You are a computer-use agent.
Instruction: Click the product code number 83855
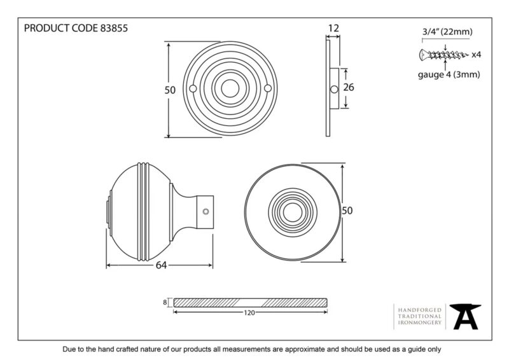point(114,28)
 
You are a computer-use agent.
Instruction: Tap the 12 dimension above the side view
point(333,29)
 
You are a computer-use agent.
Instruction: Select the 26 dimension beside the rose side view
point(349,87)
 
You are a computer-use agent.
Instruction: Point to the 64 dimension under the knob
point(161,265)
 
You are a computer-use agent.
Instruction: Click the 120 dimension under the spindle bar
point(249,312)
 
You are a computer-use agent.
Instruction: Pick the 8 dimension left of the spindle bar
point(165,303)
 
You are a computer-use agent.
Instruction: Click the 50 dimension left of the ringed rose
point(170,90)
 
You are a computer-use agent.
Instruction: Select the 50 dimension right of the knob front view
point(347,211)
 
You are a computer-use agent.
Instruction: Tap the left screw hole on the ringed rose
point(193,88)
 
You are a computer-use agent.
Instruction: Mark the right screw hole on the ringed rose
point(268,88)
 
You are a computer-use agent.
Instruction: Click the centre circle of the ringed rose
point(230,88)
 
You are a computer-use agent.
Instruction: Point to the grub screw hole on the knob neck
point(206,212)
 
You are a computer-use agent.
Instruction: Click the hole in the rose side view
point(334,89)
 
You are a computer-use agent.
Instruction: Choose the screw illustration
point(443,55)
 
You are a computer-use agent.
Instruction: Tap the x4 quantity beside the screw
point(476,55)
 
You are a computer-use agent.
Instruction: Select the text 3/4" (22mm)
point(447,32)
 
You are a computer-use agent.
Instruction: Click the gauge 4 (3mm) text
point(449,74)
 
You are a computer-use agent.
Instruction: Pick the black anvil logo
point(465,317)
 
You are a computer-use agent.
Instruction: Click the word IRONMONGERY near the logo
point(420,322)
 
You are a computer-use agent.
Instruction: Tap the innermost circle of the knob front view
point(293,212)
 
